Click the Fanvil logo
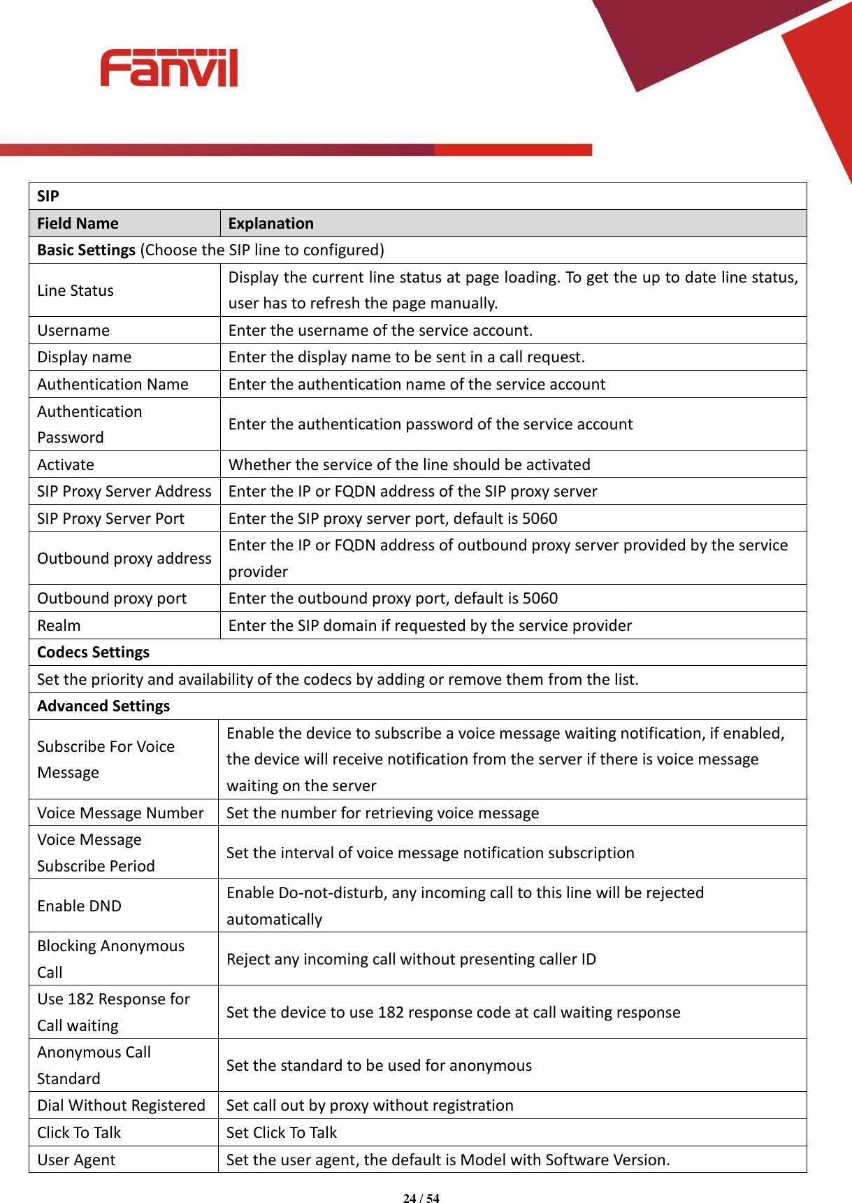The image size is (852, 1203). click(169, 68)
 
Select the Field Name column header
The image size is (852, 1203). click(78, 223)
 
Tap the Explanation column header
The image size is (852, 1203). click(270, 223)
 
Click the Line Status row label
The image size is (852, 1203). click(75, 290)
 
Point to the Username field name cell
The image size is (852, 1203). click(73, 330)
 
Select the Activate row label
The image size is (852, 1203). click(66, 464)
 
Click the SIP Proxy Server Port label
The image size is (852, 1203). click(110, 518)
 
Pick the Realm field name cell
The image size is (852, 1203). click(59, 625)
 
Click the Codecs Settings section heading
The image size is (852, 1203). click(93, 652)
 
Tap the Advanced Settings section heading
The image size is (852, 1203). click(103, 706)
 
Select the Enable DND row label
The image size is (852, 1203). click(79, 906)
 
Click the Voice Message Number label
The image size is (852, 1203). click(120, 813)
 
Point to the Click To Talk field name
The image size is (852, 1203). click(79, 1132)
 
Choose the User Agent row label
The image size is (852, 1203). click(76, 1160)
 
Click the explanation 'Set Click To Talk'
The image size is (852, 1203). click(282, 1132)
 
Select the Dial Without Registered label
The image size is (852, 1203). click(121, 1105)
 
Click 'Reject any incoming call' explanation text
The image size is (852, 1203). click(411, 959)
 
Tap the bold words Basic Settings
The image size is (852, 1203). click(86, 250)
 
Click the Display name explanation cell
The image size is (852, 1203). click(406, 357)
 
